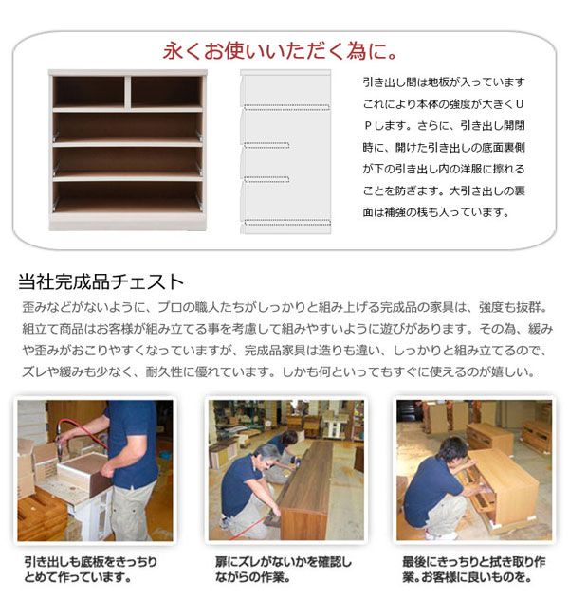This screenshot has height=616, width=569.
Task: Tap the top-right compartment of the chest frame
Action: (163, 92)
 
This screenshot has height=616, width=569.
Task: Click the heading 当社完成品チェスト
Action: (101, 281)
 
